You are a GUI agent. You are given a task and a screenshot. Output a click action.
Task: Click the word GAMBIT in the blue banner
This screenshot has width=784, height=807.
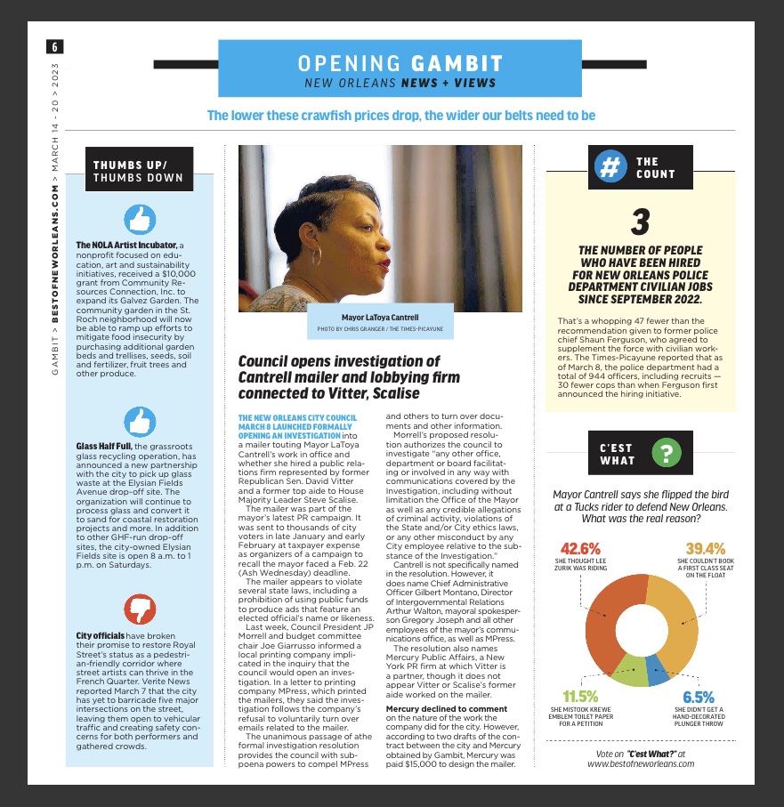(x=457, y=63)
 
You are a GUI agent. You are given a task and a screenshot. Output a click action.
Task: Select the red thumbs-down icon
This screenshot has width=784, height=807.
(x=140, y=609)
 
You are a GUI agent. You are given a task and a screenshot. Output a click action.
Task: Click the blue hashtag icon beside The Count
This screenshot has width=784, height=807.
(x=610, y=167)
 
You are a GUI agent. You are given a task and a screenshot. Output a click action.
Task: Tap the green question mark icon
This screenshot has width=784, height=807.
(x=667, y=453)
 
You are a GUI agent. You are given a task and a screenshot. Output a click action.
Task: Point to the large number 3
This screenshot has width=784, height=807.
(x=641, y=222)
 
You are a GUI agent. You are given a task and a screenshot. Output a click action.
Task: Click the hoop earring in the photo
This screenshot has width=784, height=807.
(x=317, y=258)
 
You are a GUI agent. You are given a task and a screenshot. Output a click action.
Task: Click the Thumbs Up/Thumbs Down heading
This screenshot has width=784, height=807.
(x=138, y=171)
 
